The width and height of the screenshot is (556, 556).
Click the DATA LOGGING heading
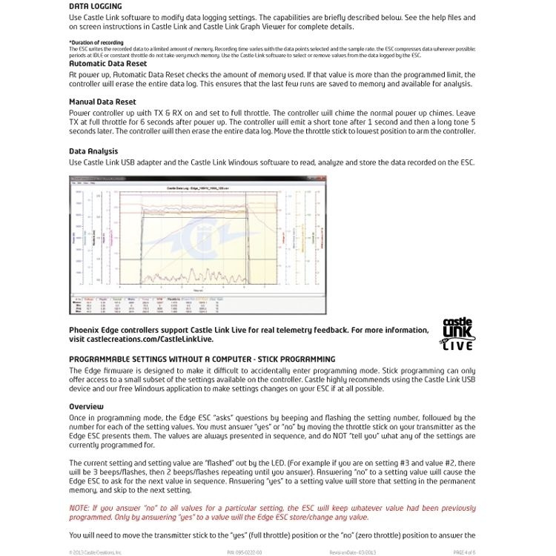click(x=95, y=5)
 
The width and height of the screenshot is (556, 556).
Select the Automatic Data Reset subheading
click(x=107, y=64)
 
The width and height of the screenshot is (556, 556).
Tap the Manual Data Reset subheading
click(x=102, y=101)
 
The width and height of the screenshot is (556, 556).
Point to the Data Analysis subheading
click(x=93, y=151)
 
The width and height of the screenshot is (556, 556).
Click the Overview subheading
click(x=86, y=406)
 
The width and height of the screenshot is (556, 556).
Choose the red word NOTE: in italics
click(x=81, y=508)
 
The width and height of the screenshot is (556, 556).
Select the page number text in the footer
click(x=463, y=552)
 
